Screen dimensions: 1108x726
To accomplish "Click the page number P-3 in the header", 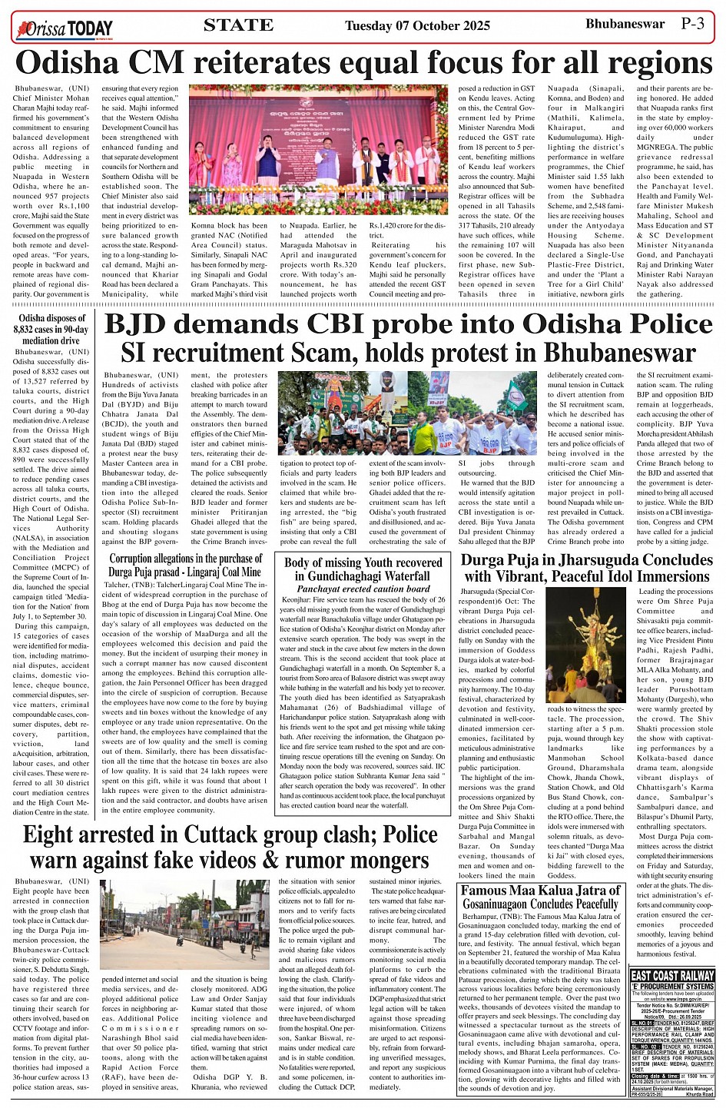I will point(692,24).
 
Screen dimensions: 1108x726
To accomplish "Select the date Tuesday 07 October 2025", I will point(417,26).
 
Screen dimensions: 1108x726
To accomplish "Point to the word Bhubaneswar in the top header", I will point(625,24).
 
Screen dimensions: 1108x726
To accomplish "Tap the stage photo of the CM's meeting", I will point(318,149).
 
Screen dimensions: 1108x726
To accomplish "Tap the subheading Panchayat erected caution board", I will point(363,589).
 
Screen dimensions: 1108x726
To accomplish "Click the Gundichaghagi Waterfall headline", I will point(363,569).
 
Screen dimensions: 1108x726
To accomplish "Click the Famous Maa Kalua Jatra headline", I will point(540,897).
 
